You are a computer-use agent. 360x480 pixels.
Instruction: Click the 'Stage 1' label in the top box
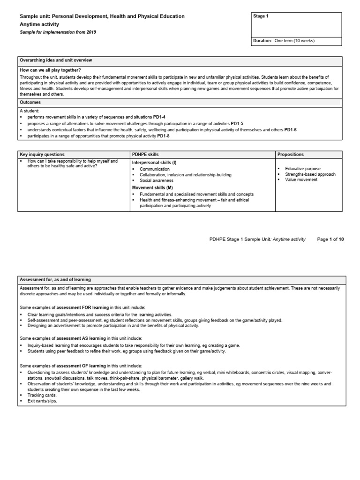[x=261, y=16]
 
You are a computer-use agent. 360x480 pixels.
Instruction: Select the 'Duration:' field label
[x=262, y=41]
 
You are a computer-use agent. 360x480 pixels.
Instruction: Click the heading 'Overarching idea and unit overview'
[x=56, y=60]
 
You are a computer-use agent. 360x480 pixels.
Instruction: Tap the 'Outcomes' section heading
[x=30, y=102]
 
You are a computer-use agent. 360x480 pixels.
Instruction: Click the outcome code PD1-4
[x=161, y=117]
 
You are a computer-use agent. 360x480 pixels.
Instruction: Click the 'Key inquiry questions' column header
[x=42, y=154]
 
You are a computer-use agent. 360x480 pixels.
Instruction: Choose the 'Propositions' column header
[x=290, y=154]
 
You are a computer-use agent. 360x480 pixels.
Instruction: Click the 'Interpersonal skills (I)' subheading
[x=154, y=162]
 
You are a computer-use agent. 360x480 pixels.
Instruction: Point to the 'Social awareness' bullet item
[x=157, y=180]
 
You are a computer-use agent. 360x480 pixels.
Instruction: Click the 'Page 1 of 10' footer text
[x=330, y=239]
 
